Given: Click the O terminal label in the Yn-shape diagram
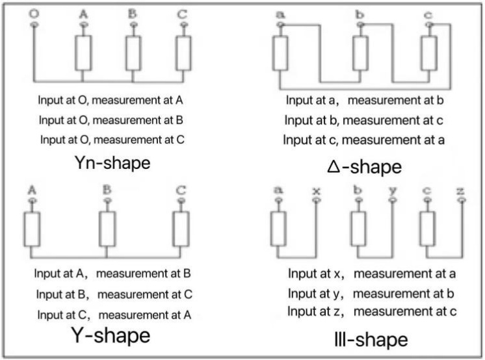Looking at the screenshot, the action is point(34,14).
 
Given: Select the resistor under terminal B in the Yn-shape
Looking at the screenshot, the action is point(133,53).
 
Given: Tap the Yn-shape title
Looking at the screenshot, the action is point(112,162).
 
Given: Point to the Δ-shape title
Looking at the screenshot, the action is point(364,167).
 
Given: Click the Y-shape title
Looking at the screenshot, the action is point(111,335).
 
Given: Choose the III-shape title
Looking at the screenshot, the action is point(371,339).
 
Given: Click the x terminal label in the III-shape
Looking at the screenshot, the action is point(316,191).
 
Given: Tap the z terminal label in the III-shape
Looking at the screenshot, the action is point(460,191).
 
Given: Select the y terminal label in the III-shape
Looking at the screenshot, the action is point(393,190).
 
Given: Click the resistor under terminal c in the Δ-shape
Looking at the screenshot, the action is point(429,53).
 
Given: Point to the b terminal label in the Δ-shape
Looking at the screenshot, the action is point(360,14).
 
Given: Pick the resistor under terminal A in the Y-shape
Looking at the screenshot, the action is point(32,229).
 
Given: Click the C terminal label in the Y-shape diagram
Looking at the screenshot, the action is point(181,190).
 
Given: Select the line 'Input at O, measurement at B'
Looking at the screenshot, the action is point(111,120).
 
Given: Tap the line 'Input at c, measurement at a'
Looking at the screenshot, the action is point(364,140).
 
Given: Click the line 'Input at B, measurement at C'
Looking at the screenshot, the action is point(114,294).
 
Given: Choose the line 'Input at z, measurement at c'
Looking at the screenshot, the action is point(372,311).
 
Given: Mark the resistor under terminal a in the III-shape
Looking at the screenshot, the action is point(278,229).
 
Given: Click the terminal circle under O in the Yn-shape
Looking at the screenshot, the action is point(34,24).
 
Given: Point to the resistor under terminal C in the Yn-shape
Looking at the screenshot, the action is point(183,53).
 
